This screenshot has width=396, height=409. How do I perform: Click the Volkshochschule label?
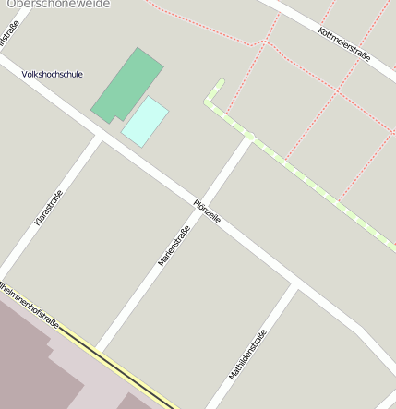tap(52, 74)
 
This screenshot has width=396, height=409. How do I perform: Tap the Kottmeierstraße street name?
tap(343, 43)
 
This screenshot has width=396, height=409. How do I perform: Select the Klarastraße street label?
tap(48, 207)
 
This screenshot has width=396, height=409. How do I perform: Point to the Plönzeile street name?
tap(207, 211)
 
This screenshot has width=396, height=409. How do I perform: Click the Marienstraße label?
tap(174, 246)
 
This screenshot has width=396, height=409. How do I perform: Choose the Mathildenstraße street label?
tap(247, 354)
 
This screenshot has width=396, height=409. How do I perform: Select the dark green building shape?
tap(126, 84)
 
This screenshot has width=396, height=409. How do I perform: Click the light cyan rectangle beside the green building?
tap(145, 121)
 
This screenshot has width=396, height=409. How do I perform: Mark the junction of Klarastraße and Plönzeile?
tap(97, 136)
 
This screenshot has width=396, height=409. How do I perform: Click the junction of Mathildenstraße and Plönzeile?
tap(295, 284)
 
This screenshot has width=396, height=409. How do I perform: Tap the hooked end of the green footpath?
tap(219, 84)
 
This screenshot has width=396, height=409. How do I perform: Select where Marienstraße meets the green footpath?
tap(249, 137)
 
